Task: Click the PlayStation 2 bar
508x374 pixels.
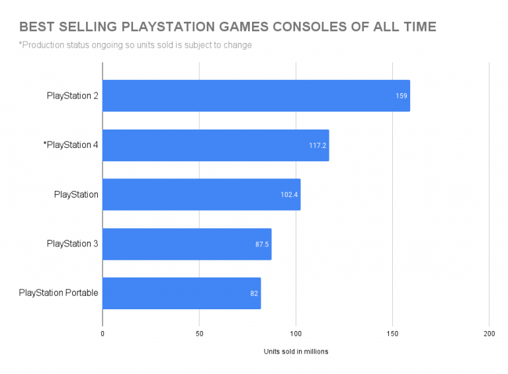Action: point(256,96)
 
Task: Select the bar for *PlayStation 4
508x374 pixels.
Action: point(216,145)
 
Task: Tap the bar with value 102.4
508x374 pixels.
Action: point(201,194)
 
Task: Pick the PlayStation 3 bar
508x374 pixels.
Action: point(187,244)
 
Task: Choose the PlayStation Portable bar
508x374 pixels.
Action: point(181,293)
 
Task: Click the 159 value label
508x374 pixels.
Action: point(401,96)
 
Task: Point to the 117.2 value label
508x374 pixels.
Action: point(317,145)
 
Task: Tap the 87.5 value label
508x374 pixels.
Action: point(262,244)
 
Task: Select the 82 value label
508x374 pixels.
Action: point(253,293)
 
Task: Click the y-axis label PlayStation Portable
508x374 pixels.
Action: point(59,293)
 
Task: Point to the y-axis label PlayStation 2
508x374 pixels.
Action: point(73,96)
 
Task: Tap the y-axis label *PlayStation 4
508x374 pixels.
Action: point(70,145)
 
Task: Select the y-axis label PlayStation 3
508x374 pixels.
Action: point(73,244)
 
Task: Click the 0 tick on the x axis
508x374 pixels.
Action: point(103,334)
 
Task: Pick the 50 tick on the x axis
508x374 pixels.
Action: point(199,334)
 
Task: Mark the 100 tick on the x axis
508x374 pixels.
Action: point(296,334)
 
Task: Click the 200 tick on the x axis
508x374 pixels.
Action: point(489,334)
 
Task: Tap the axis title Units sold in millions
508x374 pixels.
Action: point(296,352)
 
